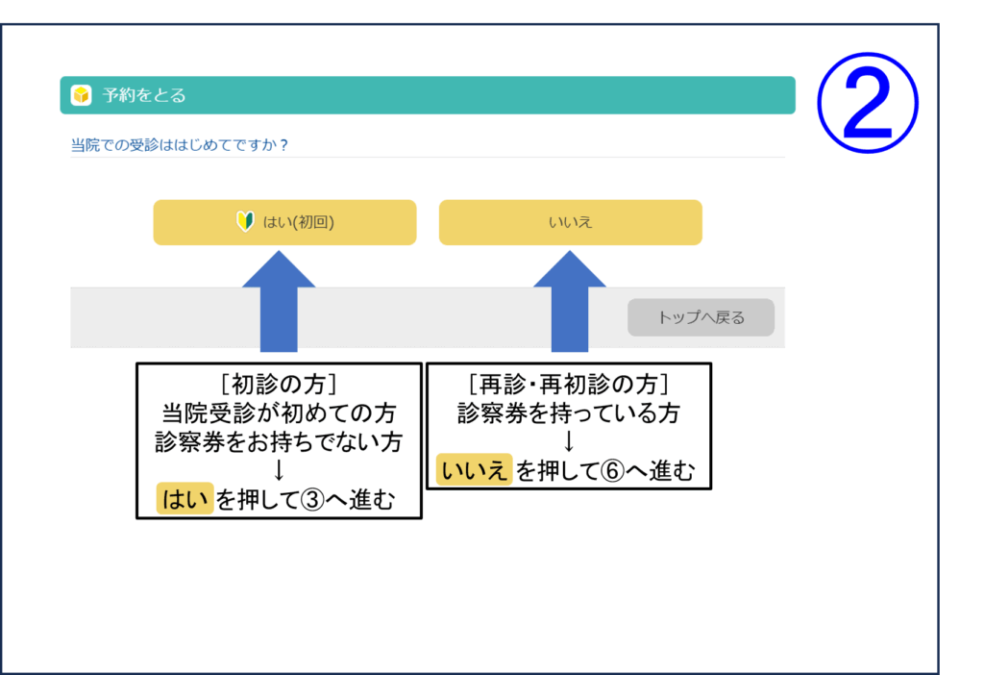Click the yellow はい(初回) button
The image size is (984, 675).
point(284,222)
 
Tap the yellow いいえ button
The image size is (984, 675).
point(570,222)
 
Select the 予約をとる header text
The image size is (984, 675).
point(144,95)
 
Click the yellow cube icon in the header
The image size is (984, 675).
point(81,95)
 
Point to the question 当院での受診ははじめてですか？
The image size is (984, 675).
point(181,145)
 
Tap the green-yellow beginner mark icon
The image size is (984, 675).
point(245,222)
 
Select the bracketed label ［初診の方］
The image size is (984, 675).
point(279,384)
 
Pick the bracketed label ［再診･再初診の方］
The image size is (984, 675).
point(568,384)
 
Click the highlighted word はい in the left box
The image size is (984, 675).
point(185,500)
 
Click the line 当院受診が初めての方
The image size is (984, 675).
point(279,412)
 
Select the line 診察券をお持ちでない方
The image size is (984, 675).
point(279,441)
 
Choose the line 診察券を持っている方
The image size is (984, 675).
point(568,412)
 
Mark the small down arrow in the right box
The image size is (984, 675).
point(568,442)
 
